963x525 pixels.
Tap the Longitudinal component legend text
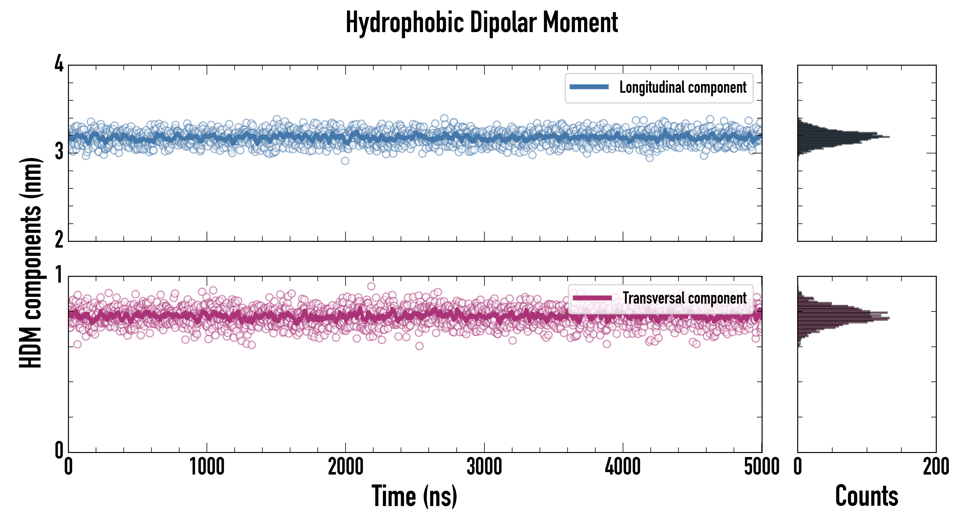click(683, 87)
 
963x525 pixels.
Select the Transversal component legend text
click(685, 298)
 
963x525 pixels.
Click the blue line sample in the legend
click(589, 87)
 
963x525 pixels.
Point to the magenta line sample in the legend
click(592, 298)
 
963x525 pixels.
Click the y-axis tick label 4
click(59, 64)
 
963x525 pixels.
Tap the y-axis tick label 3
click(59, 152)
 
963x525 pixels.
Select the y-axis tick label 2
click(59, 240)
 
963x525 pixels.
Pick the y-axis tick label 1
click(59, 275)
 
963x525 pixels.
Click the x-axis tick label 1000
click(207, 467)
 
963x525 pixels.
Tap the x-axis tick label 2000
click(346, 467)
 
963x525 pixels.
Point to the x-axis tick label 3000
click(484, 467)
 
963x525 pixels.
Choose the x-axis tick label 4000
click(623, 467)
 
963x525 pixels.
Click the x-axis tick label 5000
click(762, 467)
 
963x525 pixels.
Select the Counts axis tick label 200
click(936, 467)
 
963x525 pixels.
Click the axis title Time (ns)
click(414, 496)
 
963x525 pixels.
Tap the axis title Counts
click(866, 496)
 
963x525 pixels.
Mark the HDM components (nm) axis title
click(31, 263)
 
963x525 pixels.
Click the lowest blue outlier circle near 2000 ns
click(345, 161)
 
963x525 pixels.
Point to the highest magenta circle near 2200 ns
click(371, 286)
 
